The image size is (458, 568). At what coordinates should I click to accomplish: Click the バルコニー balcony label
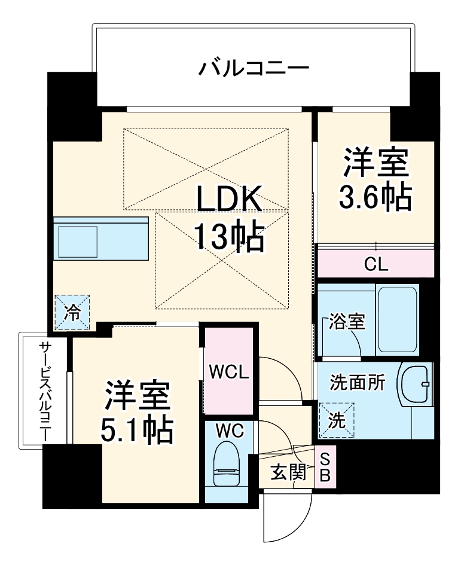pyautogui.click(x=254, y=68)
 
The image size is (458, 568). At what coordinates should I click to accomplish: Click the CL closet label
pyautogui.click(x=376, y=264)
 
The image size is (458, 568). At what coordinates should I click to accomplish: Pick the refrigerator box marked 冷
pyautogui.click(x=72, y=313)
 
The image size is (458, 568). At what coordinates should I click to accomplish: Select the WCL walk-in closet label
pyautogui.click(x=228, y=371)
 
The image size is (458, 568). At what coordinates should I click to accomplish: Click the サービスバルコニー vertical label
pyautogui.click(x=45, y=392)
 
